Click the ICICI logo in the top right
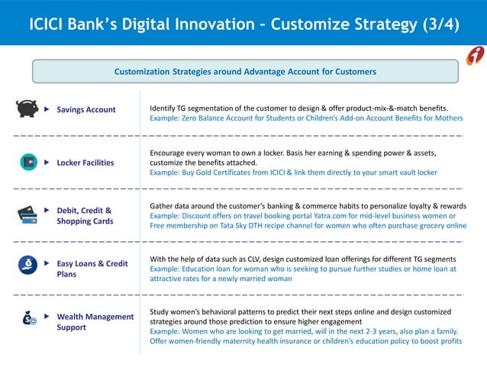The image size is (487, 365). [x=475, y=56]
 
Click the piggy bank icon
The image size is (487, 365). [x=27, y=109]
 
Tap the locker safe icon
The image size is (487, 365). [x=27, y=162]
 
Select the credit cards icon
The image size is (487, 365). [x=27, y=215]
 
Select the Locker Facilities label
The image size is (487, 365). [x=85, y=163]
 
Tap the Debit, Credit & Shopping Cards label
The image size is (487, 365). [x=85, y=215]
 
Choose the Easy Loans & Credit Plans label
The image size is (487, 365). [x=92, y=269]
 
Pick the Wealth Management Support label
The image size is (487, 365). [x=95, y=321]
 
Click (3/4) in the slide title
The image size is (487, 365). [x=441, y=23]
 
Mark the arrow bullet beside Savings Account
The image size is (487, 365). [x=47, y=110]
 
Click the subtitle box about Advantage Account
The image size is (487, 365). [x=244, y=72]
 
